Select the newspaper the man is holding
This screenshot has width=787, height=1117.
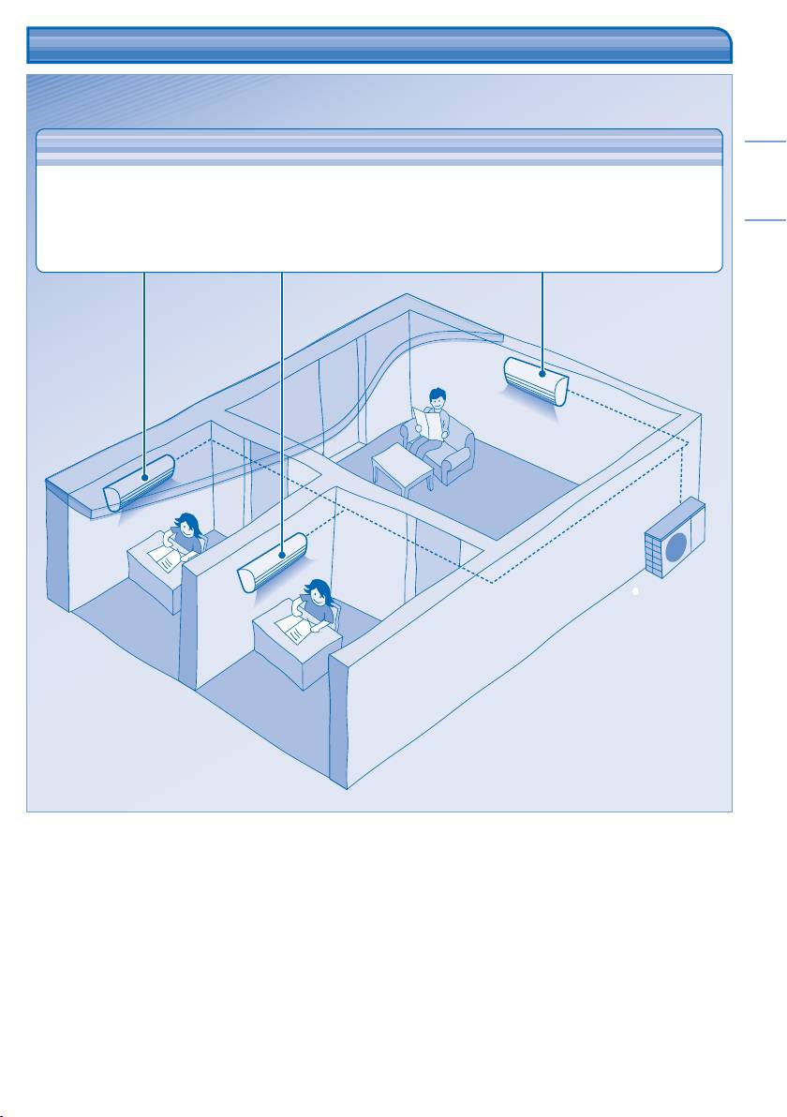[x=430, y=422]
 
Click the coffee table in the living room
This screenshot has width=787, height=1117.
[x=402, y=464]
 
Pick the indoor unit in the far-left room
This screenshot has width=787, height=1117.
[x=140, y=482]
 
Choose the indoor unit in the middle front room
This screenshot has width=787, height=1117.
[x=274, y=561]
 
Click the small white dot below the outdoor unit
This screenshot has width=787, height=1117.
[x=635, y=592]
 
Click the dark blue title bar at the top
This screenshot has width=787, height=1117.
[x=379, y=45]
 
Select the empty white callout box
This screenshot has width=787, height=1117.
[x=379, y=201]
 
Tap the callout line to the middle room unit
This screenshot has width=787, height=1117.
[x=282, y=403]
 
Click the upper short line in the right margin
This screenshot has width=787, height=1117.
[x=765, y=143]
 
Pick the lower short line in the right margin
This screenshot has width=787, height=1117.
[x=765, y=221]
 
